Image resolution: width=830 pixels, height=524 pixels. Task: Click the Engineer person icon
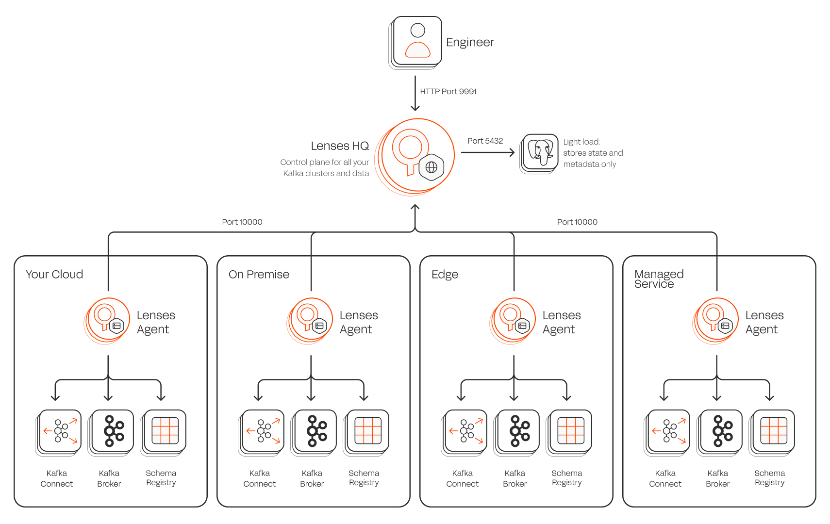(x=417, y=41)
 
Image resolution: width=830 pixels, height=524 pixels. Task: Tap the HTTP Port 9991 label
(x=448, y=91)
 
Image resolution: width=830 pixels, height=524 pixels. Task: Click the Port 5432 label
(x=485, y=141)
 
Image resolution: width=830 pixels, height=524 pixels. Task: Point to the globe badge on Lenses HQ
(x=432, y=167)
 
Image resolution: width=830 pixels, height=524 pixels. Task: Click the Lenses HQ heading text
(x=340, y=146)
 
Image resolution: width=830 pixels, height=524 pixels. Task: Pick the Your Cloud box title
(x=54, y=275)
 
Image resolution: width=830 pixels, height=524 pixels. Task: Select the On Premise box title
(x=259, y=275)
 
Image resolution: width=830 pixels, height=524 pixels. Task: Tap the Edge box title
(x=445, y=275)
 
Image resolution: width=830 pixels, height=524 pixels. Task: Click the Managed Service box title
(x=659, y=279)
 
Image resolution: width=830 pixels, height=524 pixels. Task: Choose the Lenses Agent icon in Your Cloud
(x=108, y=320)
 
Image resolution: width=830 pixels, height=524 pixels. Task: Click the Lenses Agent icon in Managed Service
(x=717, y=320)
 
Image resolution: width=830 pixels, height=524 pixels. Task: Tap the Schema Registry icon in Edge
(x=571, y=431)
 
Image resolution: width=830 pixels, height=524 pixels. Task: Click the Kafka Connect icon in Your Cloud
(x=60, y=431)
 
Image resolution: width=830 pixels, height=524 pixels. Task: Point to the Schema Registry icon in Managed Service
(x=774, y=431)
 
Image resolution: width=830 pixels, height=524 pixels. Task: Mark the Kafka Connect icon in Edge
(x=466, y=431)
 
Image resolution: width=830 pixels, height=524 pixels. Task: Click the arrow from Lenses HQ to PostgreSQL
(x=487, y=152)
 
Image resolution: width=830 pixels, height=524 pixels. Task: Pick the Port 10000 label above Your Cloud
(x=242, y=222)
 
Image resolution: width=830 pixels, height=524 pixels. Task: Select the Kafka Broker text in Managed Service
(x=717, y=478)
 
